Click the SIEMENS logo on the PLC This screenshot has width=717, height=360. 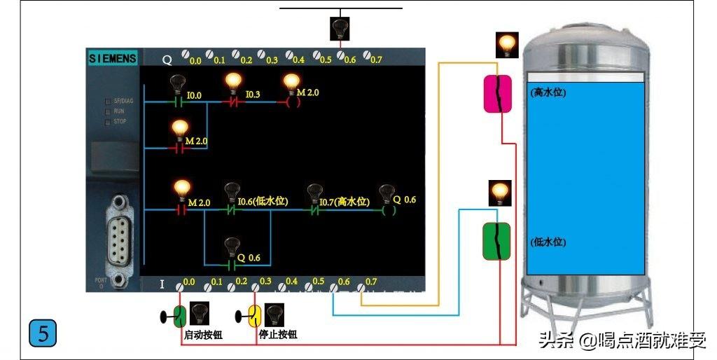pos(113,58)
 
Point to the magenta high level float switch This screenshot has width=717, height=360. pos(499,93)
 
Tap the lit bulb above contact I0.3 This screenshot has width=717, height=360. pos(234,83)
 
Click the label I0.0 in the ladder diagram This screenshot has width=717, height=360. pos(194,95)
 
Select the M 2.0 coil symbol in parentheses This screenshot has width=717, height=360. pos(293,102)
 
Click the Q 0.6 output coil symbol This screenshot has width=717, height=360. pos(387,209)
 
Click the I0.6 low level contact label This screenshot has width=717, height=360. pos(263,202)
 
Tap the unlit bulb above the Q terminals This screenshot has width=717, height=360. pos(340,27)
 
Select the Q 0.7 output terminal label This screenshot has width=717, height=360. pos(376,60)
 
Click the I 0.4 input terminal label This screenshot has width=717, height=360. pos(291,280)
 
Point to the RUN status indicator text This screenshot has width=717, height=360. pos(119,111)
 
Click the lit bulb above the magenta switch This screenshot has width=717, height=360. pos(506,45)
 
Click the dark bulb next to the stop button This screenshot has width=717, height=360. pos(274,315)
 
